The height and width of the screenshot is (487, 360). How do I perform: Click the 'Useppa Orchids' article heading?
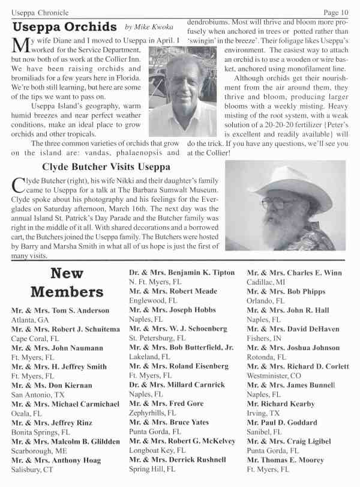coord(65,27)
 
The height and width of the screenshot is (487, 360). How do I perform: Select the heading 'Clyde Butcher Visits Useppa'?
coord(103,166)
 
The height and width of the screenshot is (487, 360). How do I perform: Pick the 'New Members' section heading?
coord(67,283)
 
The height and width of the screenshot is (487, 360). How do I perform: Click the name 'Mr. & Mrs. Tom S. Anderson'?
coord(60,310)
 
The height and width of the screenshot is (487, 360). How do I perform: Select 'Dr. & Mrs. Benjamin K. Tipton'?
coord(182,273)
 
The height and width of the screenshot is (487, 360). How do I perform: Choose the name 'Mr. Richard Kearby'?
coord(281,404)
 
